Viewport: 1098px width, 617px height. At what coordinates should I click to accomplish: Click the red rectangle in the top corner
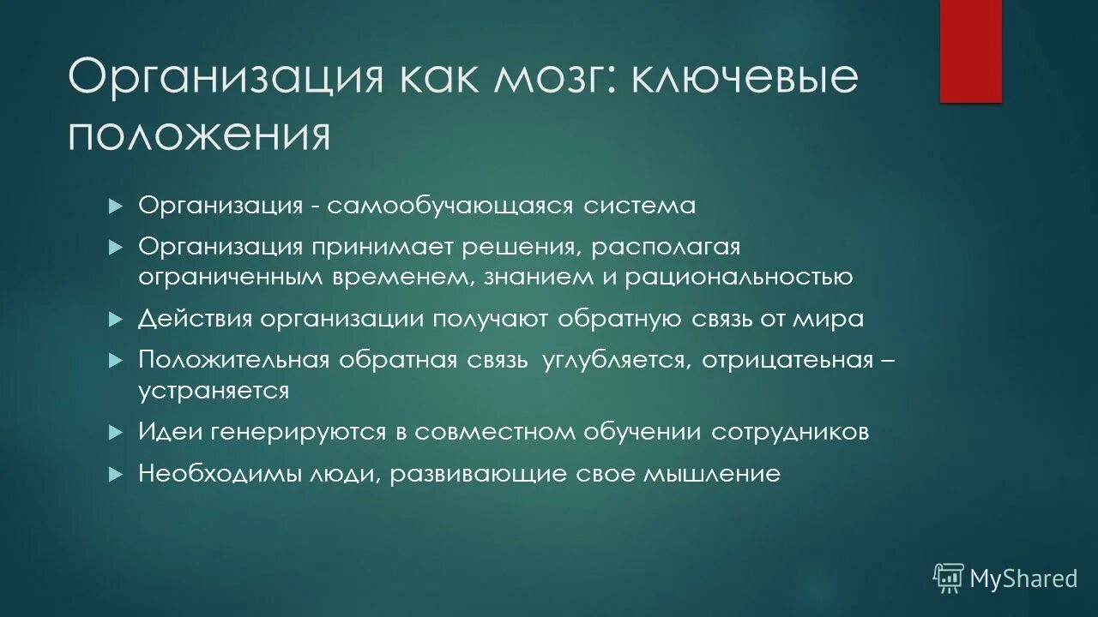coord(970,51)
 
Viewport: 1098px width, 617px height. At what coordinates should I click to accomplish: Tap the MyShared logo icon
coord(949,578)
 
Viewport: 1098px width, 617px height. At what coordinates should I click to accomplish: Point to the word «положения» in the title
coord(198,135)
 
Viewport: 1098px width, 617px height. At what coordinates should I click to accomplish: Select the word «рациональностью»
coord(739,277)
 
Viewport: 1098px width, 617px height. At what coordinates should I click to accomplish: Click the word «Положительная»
coord(234,360)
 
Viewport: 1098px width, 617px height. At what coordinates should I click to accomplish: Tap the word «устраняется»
coord(214,390)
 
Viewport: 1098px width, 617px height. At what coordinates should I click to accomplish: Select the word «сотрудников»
coord(789,432)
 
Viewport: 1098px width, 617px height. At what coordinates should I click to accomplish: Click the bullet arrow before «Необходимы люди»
coord(118,474)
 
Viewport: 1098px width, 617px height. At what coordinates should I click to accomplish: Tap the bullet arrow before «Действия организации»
coord(118,319)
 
